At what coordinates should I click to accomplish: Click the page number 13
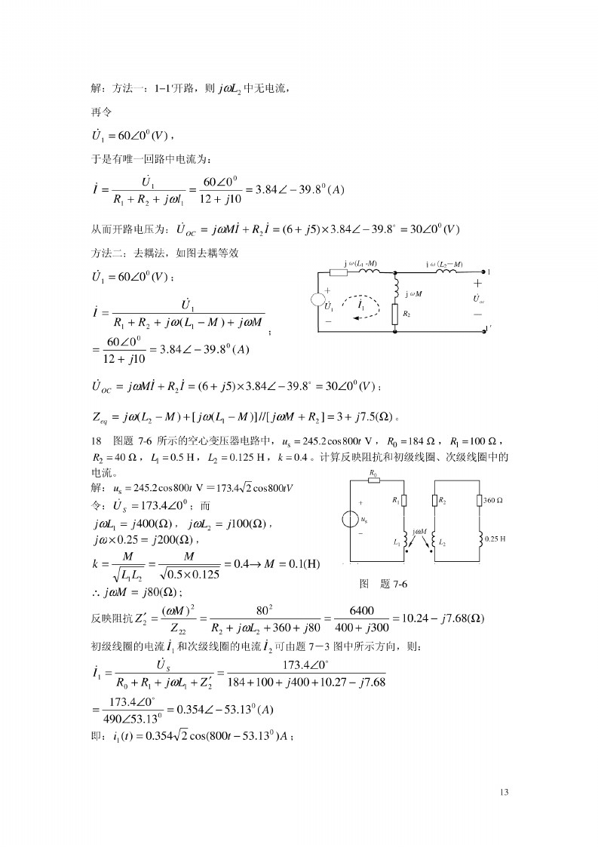(504, 791)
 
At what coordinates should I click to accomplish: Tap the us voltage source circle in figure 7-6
(351, 520)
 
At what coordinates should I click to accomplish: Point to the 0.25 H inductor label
(495, 539)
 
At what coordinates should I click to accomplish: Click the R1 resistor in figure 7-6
(406, 500)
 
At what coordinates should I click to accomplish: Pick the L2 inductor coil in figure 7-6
(434, 539)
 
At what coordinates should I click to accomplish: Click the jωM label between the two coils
(419, 532)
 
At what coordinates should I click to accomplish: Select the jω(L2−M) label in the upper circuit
(444, 264)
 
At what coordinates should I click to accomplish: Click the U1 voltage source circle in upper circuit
(320, 300)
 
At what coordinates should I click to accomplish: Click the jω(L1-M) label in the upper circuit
(360, 263)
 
